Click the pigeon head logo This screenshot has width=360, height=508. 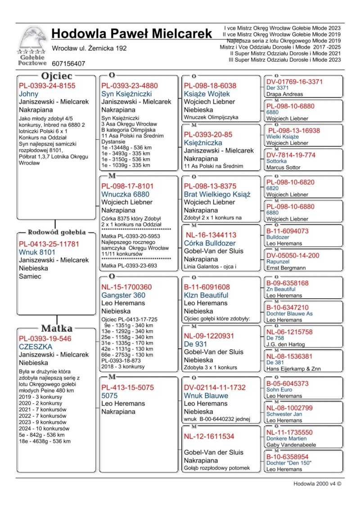pyautogui.click(x=33, y=40)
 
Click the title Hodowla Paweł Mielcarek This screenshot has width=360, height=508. pyautogui.click(x=131, y=33)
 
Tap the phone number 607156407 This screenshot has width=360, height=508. pyautogui.click(x=68, y=64)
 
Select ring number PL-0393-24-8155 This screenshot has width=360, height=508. pyautogui.click(x=47, y=85)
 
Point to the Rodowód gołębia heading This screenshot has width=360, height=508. pyautogui.click(x=57, y=232)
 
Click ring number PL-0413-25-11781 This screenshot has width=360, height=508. pyautogui.click(x=49, y=244)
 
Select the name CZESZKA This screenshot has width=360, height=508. pyautogui.click(x=36, y=347)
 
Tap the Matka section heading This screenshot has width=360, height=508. pyautogui.click(x=57, y=328)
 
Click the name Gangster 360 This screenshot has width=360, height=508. pyautogui.click(x=123, y=295)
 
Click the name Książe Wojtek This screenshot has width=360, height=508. pyautogui.click(x=207, y=94)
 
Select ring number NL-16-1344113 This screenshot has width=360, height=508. pyautogui.click(x=211, y=235)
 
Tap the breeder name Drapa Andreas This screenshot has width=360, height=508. pyautogui.click(x=285, y=94)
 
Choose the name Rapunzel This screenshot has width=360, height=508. pyautogui.click(x=277, y=262)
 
